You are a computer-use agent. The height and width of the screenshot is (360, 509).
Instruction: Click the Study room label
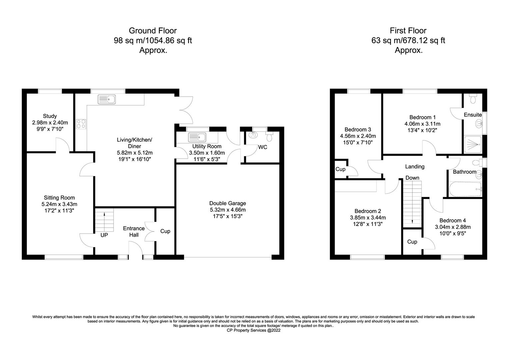coord(50,116)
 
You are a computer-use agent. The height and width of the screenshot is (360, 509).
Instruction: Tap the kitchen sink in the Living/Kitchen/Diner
coord(107,99)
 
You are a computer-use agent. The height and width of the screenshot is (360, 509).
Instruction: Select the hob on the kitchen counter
coord(81,124)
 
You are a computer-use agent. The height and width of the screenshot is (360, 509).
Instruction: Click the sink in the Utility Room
coord(197,137)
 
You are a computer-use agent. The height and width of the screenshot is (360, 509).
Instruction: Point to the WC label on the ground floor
coord(262,147)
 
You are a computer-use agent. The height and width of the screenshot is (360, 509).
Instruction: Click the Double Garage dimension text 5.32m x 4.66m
coord(228,210)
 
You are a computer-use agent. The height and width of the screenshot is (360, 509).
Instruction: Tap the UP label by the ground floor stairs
coord(104,235)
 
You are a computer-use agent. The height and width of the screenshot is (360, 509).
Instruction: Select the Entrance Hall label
coord(134,232)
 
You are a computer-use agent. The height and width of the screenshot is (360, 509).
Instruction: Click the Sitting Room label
coord(59,198)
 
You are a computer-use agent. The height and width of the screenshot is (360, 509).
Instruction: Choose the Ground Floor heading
coord(153,30)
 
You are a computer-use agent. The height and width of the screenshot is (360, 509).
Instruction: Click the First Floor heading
coord(408,30)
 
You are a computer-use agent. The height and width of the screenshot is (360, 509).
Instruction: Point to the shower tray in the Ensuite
coord(473,144)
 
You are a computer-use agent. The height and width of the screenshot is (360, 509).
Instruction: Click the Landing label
coord(415,167)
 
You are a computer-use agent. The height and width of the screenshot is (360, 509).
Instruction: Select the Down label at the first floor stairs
coord(412,178)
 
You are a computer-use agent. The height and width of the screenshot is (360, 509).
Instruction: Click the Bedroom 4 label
coord(453,220)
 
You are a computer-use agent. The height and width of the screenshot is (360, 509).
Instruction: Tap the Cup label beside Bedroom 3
coord(340,169)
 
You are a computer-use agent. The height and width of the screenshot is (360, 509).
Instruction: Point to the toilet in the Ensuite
coord(473,99)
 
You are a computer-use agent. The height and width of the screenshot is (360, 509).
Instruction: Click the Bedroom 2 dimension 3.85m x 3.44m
coord(368,218)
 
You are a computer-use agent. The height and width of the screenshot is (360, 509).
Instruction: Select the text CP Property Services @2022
coord(254,330)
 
